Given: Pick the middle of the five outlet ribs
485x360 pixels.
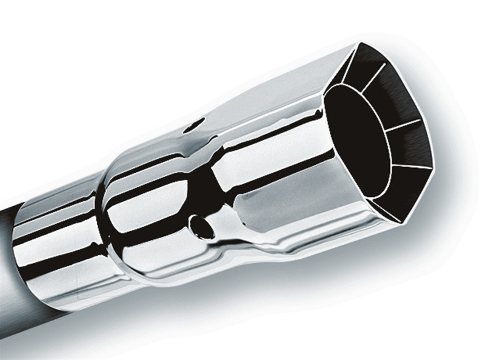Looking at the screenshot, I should (403, 126).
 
